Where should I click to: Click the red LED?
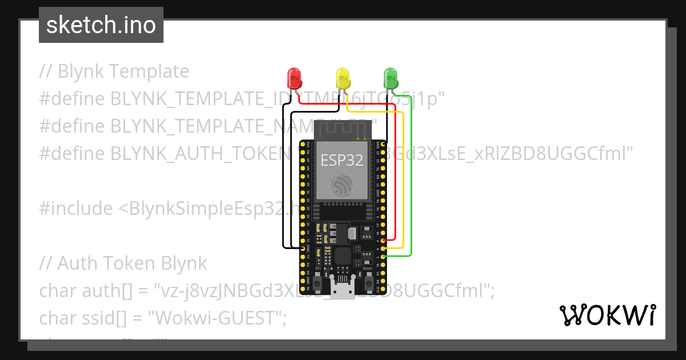coord(294,78)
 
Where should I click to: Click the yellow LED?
coord(342,78)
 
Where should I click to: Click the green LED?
coord(390,78)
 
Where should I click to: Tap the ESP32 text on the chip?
coord(342,160)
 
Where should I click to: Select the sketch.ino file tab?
coord(101,25)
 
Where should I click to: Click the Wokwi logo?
coord(607,315)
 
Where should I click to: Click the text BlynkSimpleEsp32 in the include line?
coord(206,209)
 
